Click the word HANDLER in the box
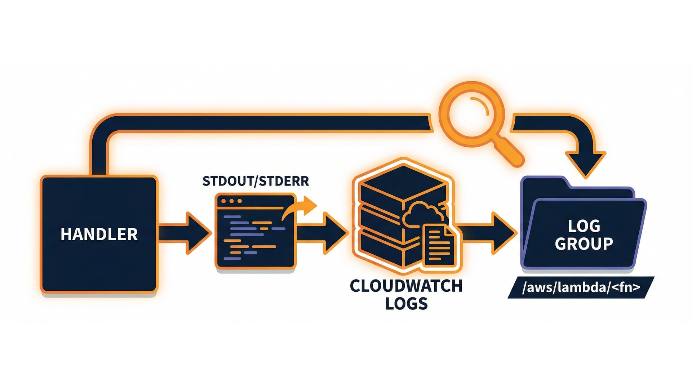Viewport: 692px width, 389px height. pos(99,234)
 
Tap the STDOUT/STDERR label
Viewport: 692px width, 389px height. pos(256,181)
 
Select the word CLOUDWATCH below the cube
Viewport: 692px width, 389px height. pos(406,286)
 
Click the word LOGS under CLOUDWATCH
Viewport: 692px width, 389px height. pos(406,304)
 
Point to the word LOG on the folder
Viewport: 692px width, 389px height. pos(584,226)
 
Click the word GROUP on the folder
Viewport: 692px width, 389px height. pos(584,244)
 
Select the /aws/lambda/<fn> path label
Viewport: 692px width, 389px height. pos(581,287)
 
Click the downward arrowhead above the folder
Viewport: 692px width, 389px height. pos(586,162)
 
